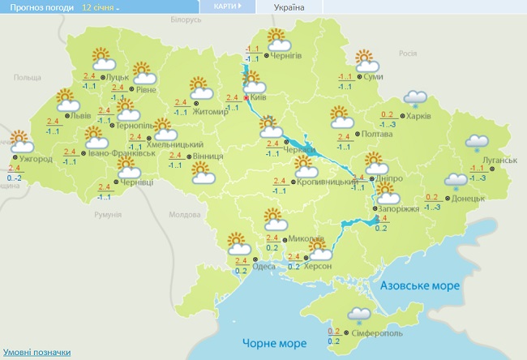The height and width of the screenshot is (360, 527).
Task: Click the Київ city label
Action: point(259,97)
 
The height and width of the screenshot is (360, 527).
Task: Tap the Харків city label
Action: point(419,116)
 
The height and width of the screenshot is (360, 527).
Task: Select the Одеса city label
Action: point(263,267)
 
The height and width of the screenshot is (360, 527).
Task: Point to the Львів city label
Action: point(81,116)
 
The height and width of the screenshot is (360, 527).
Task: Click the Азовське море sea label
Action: point(419,286)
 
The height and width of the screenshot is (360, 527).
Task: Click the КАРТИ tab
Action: point(227,6)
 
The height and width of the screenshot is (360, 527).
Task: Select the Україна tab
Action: point(289,6)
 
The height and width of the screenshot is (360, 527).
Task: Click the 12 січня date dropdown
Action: point(100,6)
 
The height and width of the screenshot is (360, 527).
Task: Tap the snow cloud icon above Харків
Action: point(416,99)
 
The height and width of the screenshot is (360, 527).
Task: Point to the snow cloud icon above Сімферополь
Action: point(358,315)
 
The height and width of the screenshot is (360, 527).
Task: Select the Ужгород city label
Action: point(36,159)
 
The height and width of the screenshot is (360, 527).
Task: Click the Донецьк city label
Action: point(469,198)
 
